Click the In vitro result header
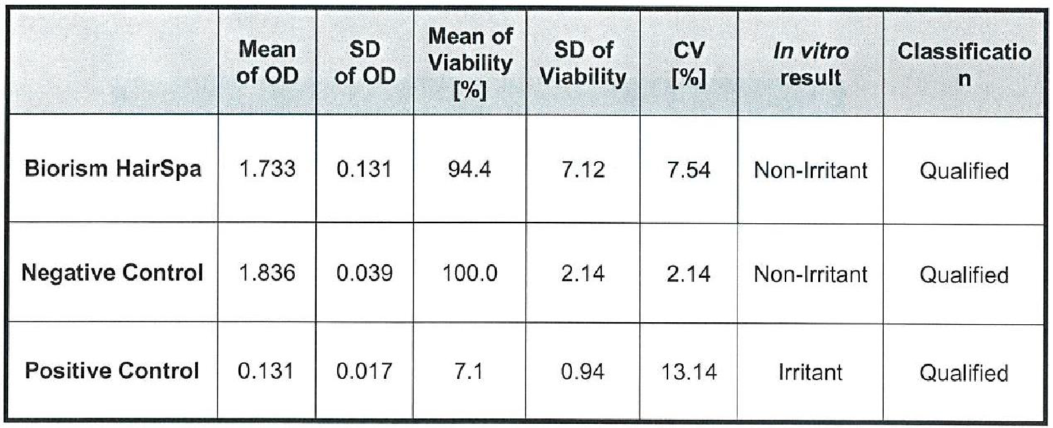click(x=811, y=63)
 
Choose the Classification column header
click(x=963, y=63)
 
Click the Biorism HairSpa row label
click(x=113, y=169)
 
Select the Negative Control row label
click(x=113, y=274)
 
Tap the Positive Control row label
click(x=113, y=371)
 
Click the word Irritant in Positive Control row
click(x=811, y=372)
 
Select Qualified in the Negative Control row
click(x=963, y=274)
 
